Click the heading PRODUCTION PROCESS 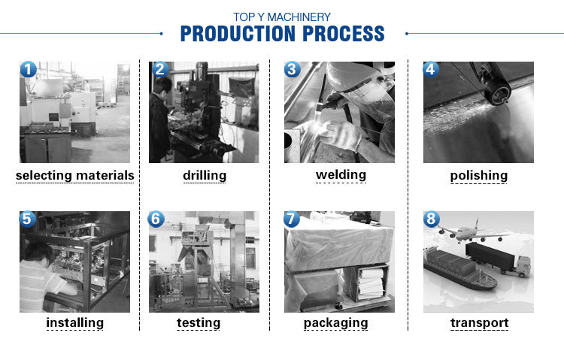point(282,34)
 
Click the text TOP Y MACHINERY point(282,17)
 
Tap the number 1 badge point(28,70)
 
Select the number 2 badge point(159,70)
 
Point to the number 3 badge point(293,70)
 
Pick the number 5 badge point(28,219)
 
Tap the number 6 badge point(156,219)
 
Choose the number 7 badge point(293,219)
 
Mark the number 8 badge point(431,219)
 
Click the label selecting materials point(74,176)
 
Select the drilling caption point(205,176)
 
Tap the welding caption point(341,175)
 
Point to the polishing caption point(479,176)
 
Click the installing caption point(74,323)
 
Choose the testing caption point(199,323)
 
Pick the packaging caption point(335,323)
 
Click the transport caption point(479,323)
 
